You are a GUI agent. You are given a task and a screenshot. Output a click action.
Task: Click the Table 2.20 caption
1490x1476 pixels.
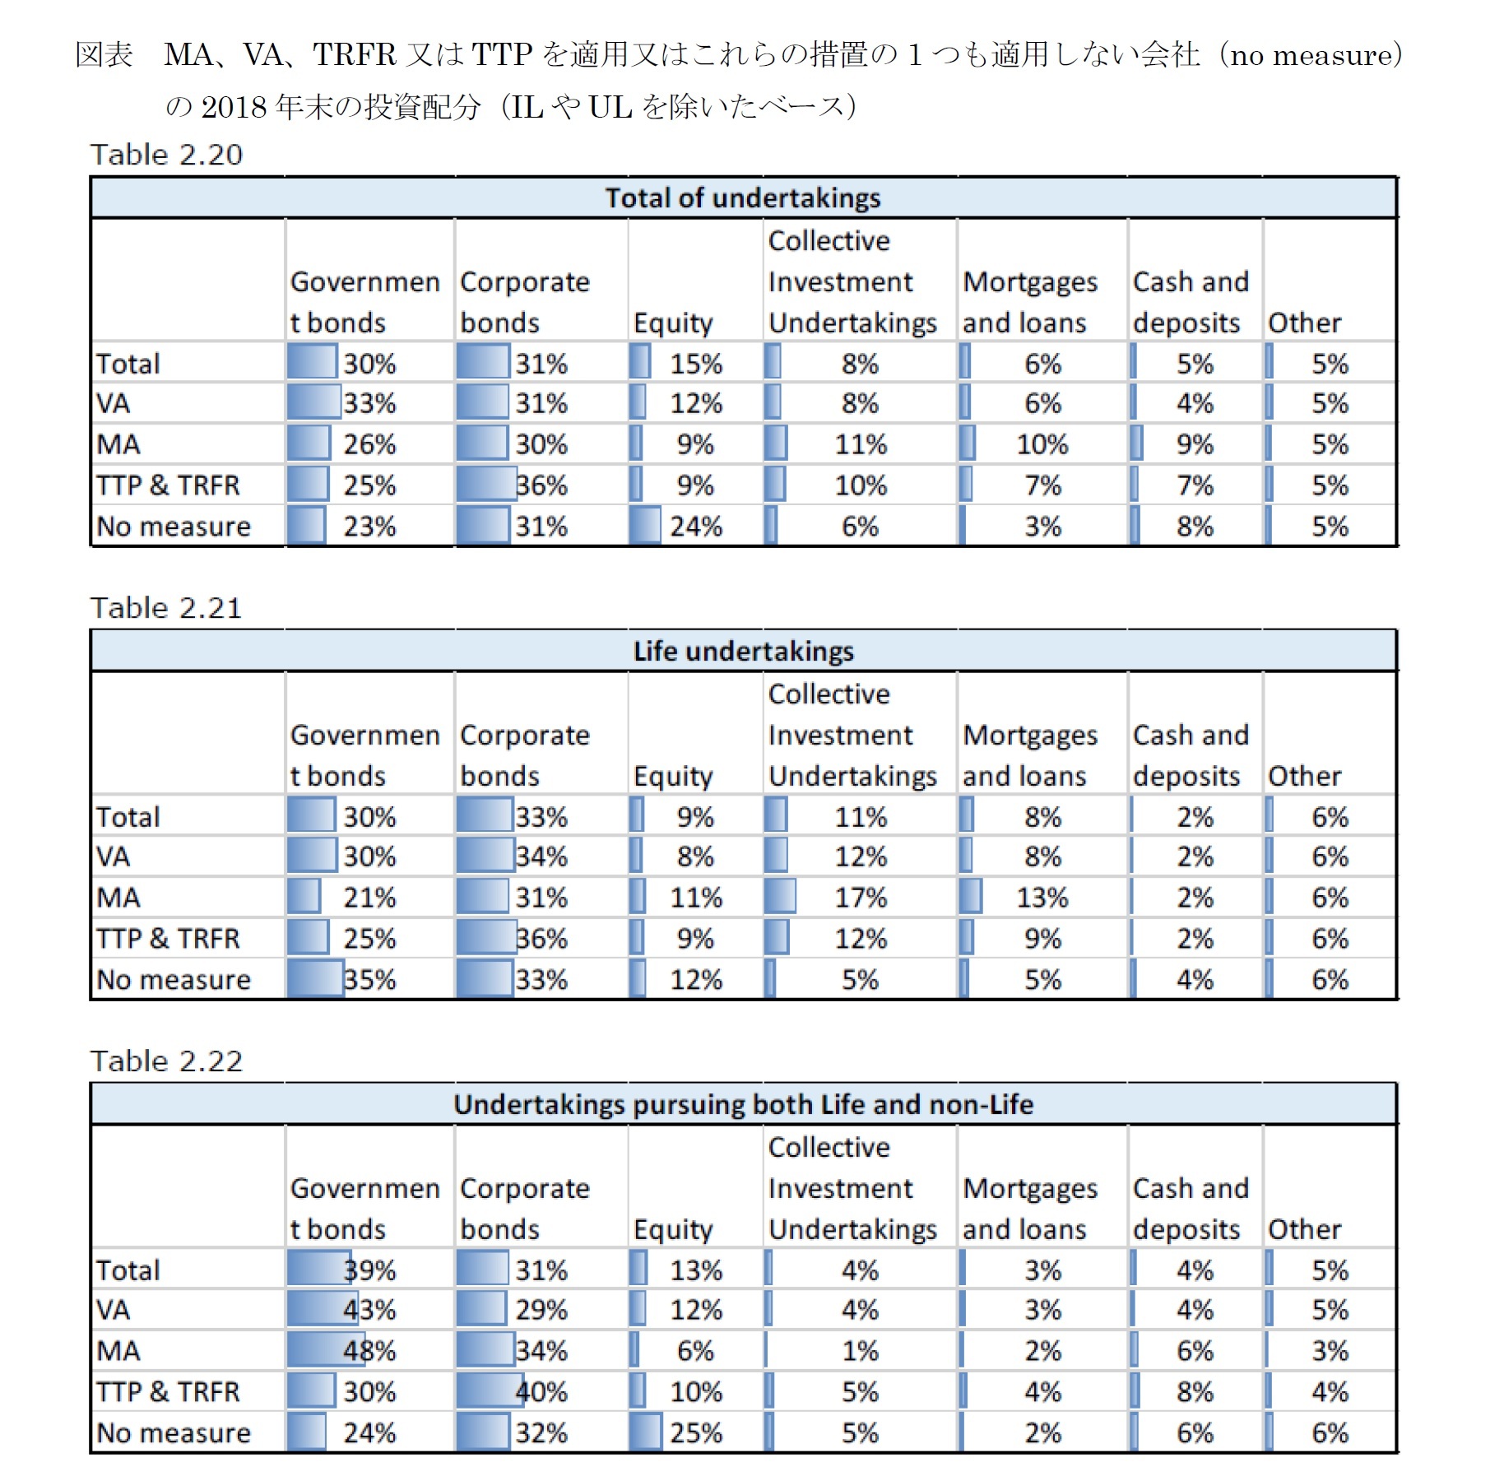(x=166, y=155)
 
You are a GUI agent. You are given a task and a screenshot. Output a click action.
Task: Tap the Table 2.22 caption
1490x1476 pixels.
(x=166, y=1061)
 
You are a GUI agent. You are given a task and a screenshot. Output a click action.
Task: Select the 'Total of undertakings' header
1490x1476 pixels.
(x=743, y=198)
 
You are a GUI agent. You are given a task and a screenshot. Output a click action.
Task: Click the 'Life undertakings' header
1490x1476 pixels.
(x=743, y=652)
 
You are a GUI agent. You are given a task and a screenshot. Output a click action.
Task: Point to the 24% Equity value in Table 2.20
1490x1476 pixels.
(x=695, y=527)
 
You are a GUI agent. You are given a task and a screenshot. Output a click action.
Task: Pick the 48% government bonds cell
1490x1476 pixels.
(x=369, y=1351)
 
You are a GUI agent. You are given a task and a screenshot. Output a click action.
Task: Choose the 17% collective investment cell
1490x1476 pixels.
(x=861, y=898)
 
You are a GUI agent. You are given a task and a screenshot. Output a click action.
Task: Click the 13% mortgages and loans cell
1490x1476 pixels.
(x=1042, y=898)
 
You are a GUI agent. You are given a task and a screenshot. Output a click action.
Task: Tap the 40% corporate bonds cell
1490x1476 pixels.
(x=541, y=1392)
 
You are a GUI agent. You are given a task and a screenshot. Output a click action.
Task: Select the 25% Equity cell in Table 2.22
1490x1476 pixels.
(x=695, y=1433)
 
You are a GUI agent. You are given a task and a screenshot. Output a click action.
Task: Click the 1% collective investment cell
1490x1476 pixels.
(x=861, y=1351)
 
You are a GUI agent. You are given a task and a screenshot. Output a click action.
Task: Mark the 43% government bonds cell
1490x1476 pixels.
(x=369, y=1310)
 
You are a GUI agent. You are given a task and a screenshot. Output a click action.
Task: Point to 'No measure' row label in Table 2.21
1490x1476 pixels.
(x=174, y=980)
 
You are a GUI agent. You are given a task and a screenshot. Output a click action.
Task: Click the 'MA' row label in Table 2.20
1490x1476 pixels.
(x=118, y=445)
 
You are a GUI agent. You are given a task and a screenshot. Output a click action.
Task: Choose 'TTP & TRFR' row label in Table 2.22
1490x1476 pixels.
(x=168, y=1392)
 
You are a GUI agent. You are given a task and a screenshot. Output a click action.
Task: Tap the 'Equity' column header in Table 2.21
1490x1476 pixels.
(x=673, y=777)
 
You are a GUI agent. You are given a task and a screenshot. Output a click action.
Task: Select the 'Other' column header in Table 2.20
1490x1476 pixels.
(x=1304, y=323)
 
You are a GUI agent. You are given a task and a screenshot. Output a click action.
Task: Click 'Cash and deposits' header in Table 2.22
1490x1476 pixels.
(x=1190, y=1209)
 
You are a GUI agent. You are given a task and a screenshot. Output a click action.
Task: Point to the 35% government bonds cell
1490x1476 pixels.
(x=369, y=980)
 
